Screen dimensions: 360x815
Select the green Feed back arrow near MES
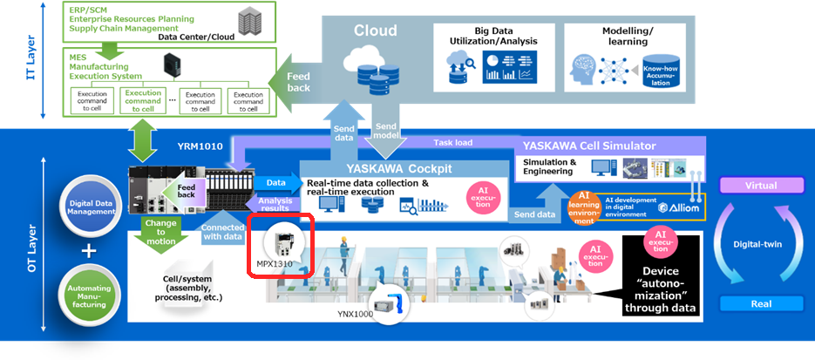coord(296,83)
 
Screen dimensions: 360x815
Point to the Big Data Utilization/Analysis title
coord(493,35)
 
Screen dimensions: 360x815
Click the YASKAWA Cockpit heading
coord(398,167)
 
